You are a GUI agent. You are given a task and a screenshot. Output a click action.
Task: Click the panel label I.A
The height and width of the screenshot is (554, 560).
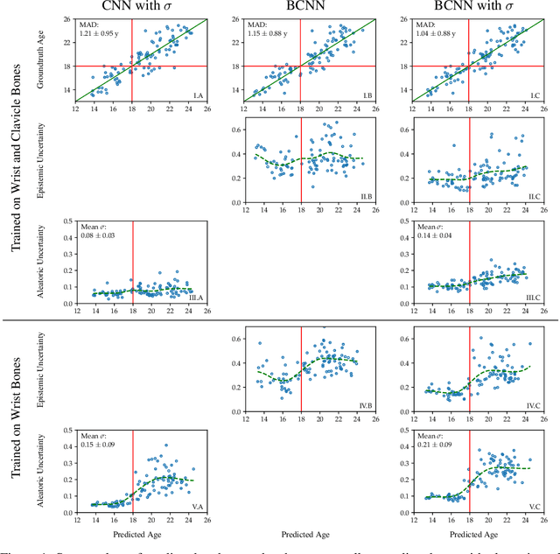[x=197, y=95]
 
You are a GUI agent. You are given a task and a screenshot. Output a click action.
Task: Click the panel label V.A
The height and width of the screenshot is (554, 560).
[x=197, y=508]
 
